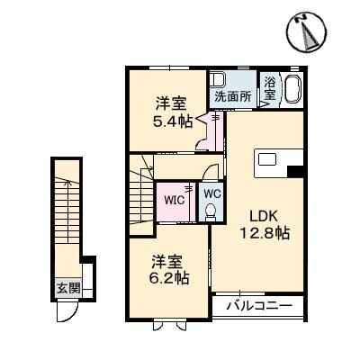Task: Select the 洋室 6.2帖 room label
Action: click(169, 269)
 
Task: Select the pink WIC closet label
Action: click(175, 200)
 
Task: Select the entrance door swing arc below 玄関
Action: click(68, 310)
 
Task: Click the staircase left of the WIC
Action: click(141, 193)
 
